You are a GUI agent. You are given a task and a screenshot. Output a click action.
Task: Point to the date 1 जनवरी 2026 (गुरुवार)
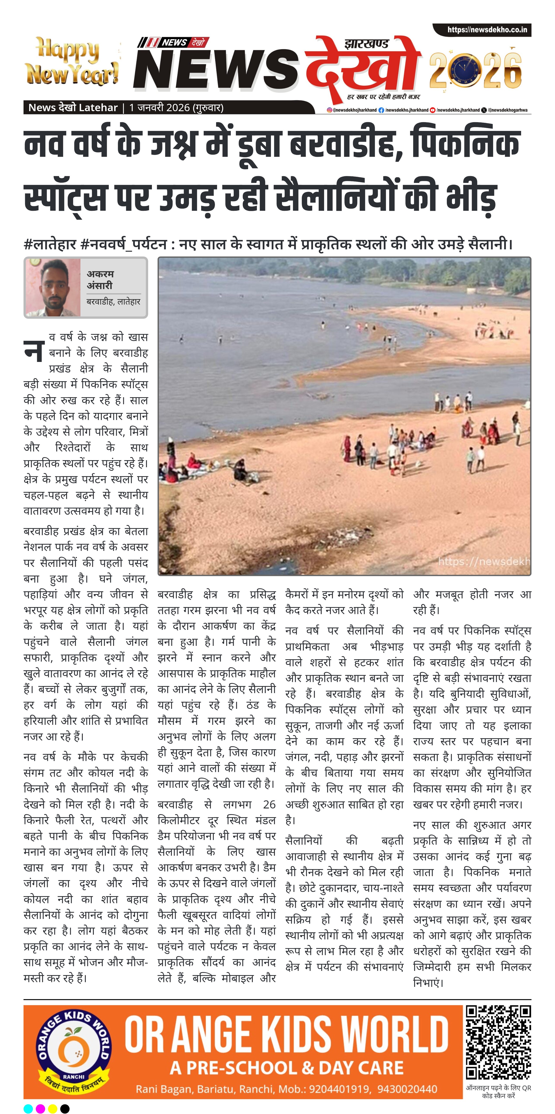point(176,108)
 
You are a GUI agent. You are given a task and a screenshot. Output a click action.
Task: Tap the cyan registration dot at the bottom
point(28,1108)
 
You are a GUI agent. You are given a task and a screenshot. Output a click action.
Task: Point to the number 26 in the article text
point(269,804)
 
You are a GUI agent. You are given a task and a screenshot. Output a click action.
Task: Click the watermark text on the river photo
point(484,561)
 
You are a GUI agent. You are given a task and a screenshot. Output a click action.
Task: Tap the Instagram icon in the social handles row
point(329,110)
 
